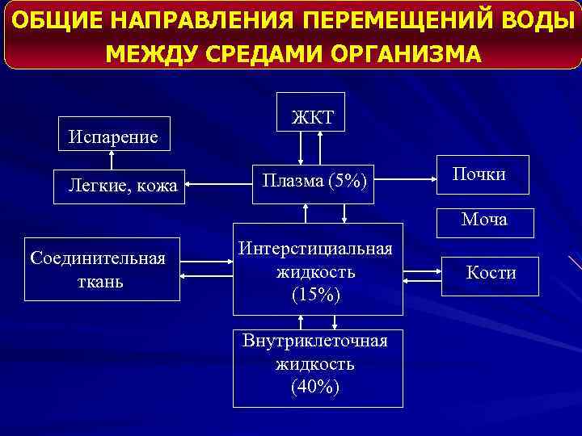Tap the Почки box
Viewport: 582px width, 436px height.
(x=483, y=174)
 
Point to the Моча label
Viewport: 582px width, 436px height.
(x=484, y=220)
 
